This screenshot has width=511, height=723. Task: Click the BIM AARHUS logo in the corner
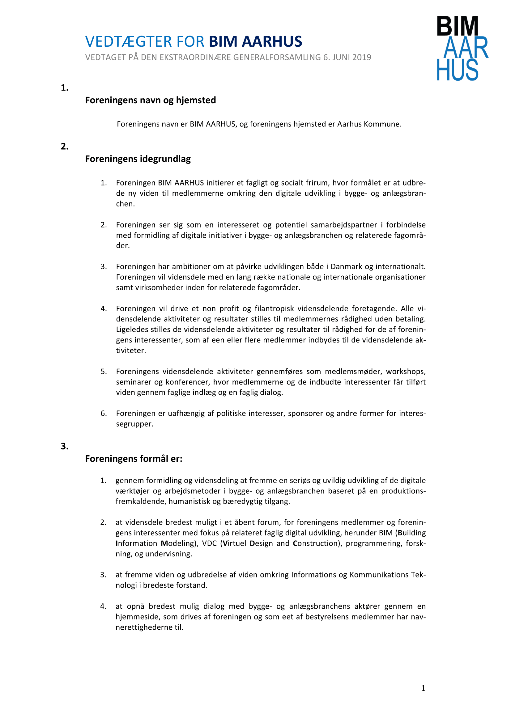point(462,48)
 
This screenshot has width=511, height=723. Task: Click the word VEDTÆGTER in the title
point(129,41)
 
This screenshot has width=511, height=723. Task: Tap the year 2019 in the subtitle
point(361,57)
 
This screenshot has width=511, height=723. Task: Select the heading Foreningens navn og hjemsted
point(151,100)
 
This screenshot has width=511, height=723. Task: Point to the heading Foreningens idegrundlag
point(138,159)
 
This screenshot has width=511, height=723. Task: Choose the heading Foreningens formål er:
point(134,458)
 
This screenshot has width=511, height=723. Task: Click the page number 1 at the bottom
point(423,688)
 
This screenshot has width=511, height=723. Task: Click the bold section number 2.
point(65,146)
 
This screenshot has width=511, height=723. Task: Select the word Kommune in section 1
point(382,124)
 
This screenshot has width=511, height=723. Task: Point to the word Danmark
point(346,266)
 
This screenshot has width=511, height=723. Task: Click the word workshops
point(406,371)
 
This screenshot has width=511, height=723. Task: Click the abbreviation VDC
point(209,543)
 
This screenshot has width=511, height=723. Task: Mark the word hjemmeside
point(137,617)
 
